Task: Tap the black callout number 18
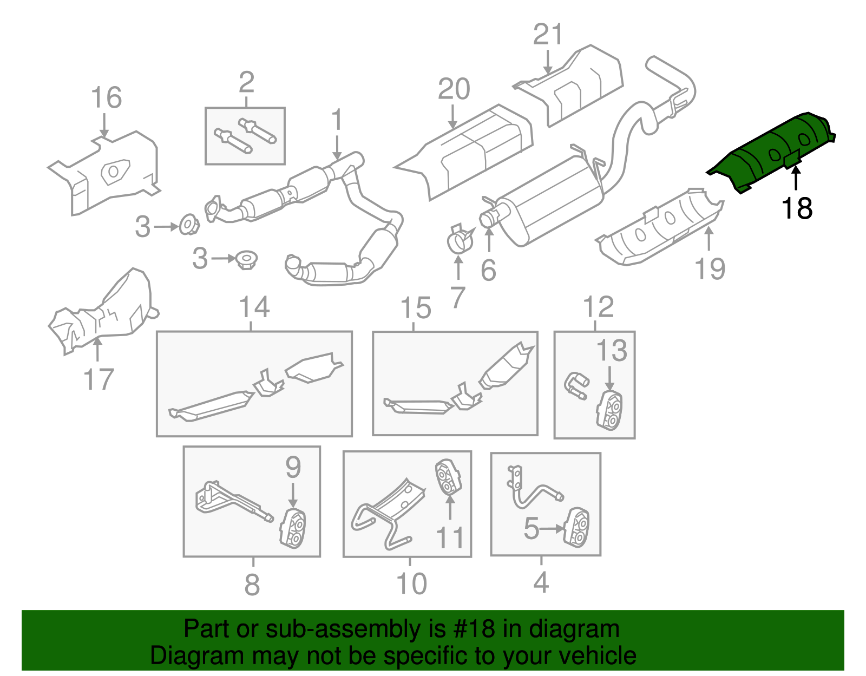click(x=797, y=208)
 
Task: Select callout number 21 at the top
click(x=548, y=35)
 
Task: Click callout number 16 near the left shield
click(x=106, y=98)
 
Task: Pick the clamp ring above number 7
click(x=460, y=239)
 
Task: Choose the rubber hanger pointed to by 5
click(x=576, y=526)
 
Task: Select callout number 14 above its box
click(x=254, y=307)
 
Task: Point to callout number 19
click(x=710, y=269)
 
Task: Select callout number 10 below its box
click(x=411, y=584)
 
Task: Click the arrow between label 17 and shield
click(x=97, y=349)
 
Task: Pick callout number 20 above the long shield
click(x=454, y=89)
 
